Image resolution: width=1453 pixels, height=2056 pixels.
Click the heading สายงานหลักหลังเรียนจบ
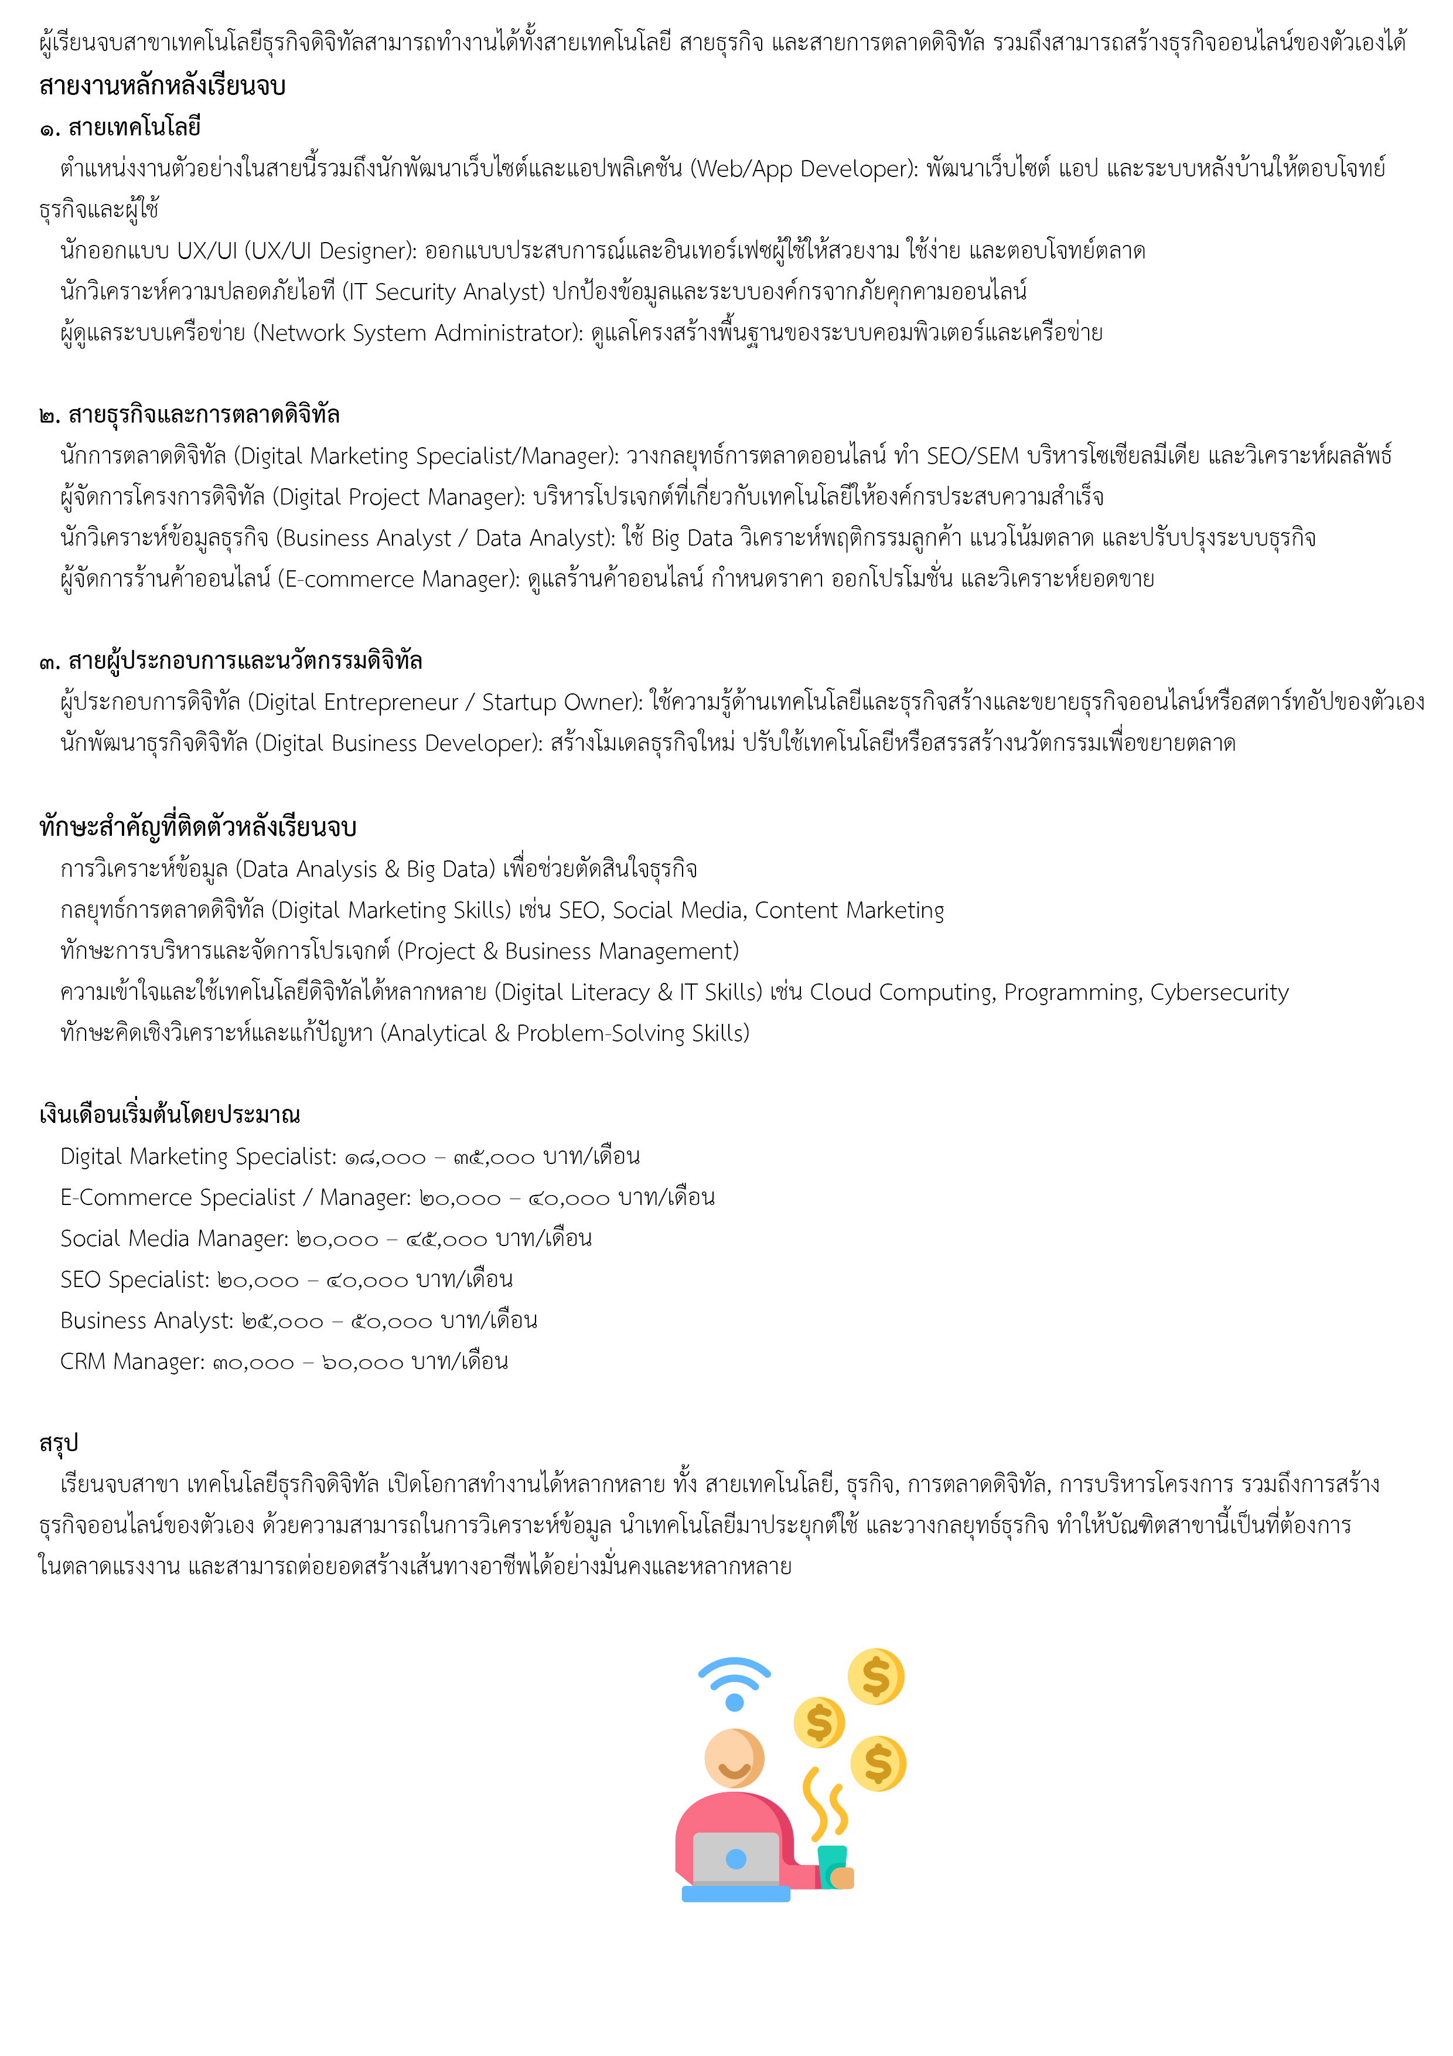(x=162, y=86)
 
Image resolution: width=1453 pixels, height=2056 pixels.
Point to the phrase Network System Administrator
(x=417, y=333)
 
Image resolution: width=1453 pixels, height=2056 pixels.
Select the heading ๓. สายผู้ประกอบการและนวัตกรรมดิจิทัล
(x=230, y=661)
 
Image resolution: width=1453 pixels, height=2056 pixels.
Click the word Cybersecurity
(x=1219, y=992)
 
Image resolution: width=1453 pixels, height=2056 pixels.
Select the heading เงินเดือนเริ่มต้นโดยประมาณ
(x=169, y=1115)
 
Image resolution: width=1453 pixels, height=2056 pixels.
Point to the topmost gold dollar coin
(x=875, y=1676)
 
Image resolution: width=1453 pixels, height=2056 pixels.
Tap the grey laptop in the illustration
(x=736, y=1858)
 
